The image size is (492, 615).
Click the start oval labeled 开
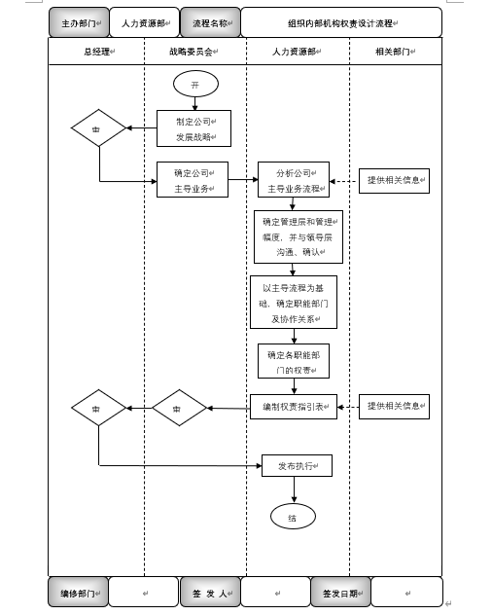[x=194, y=85]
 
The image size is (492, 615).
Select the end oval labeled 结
[x=293, y=519]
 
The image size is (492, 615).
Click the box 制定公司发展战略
[x=194, y=128]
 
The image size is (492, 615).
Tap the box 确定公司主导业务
[x=193, y=180]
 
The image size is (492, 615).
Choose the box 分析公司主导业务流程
[x=293, y=180]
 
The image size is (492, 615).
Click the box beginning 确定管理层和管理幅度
[x=299, y=236]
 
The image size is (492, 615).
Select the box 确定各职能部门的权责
[x=293, y=362]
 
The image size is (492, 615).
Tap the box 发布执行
[x=298, y=466]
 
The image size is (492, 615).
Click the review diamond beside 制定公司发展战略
[x=99, y=127]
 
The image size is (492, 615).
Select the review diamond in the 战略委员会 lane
[x=179, y=409]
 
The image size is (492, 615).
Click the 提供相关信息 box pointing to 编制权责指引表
[x=394, y=406]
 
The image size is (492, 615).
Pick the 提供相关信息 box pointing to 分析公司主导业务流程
[x=394, y=180]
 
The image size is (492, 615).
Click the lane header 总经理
[x=96, y=50]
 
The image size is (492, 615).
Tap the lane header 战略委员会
[x=194, y=50]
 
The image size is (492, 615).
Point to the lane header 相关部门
[x=395, y=50]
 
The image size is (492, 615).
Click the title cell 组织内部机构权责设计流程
[x=340, y=22]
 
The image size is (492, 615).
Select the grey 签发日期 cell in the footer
[x=340, y=592]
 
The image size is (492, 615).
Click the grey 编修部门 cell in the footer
[x=78, y=592]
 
